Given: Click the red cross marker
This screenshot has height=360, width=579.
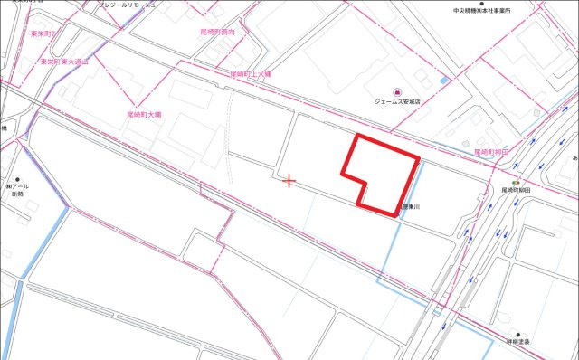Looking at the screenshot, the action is coord(289,181).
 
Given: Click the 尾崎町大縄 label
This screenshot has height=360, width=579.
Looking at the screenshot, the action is coord(144,116).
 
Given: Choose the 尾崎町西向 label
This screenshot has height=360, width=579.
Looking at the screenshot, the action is coord(217,31).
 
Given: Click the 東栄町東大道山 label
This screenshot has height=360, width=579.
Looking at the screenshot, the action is coord(66,62).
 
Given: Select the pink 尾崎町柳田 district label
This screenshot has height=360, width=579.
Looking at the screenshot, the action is coord(492,153).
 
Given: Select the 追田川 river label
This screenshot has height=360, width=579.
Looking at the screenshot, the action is coord(412,206).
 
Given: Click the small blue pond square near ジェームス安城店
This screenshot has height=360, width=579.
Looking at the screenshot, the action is coord(443,81).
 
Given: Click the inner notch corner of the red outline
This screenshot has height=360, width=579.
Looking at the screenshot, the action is coord(365,180).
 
